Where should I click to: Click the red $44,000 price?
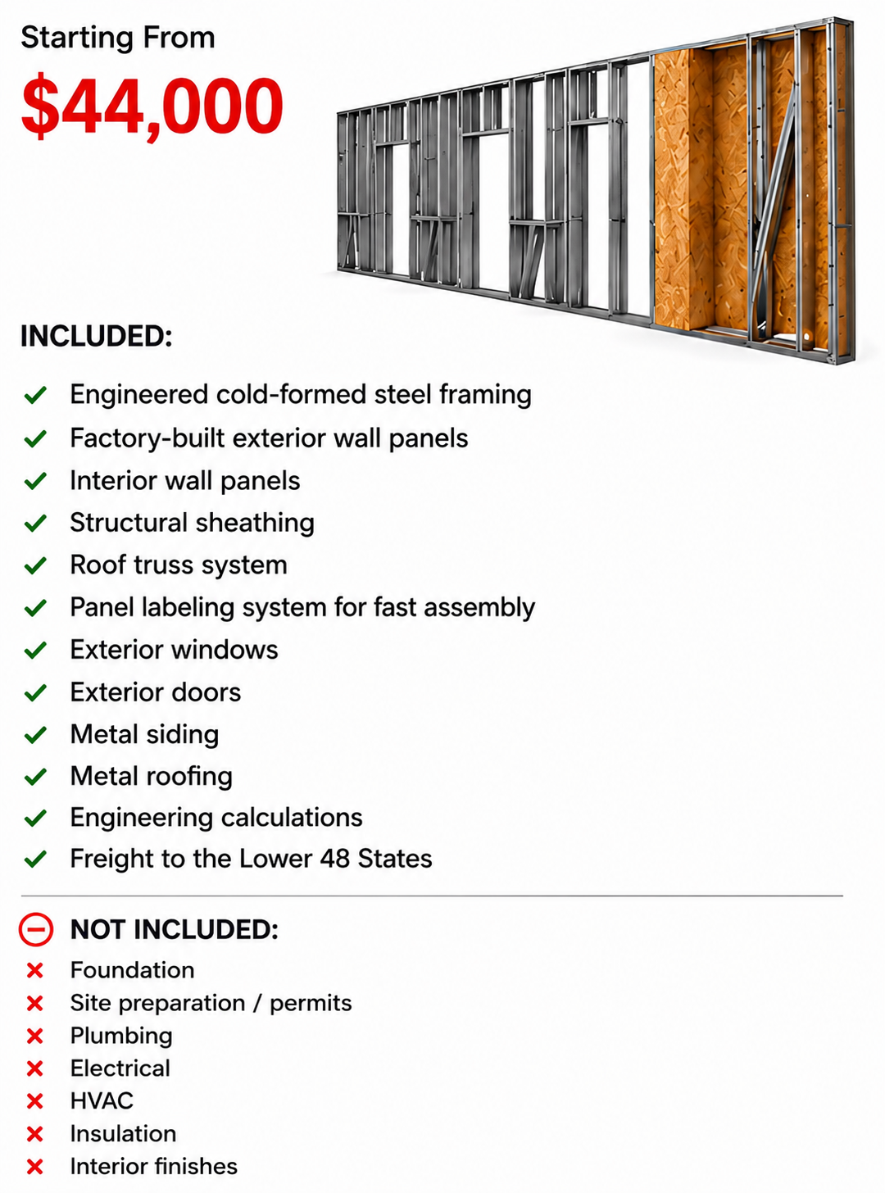coord(152,107)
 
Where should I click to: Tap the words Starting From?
coord(118,39)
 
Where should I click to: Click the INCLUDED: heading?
coord(97,337)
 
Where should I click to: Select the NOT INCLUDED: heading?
coord(175,929)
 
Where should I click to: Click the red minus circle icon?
coord(36,929)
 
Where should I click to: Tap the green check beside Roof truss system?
coord(35,565)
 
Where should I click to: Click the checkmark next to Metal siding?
coord(35,735)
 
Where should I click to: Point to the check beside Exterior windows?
coord(35,651)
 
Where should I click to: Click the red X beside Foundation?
coord(35,971)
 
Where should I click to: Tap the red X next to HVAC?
coord(35,1101)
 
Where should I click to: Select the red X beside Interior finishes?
coord(35,1167)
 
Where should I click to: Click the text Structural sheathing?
coord(192,524)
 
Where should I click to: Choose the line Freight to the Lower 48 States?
coord(252,859)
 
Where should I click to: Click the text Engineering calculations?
coord(216,818)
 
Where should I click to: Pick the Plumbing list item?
coord(121,1037)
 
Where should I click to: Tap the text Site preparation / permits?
coord(211,1004)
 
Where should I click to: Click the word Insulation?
coord(123,1134)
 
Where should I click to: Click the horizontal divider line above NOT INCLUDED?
coord(432,896)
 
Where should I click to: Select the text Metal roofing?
coord(151,777)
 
